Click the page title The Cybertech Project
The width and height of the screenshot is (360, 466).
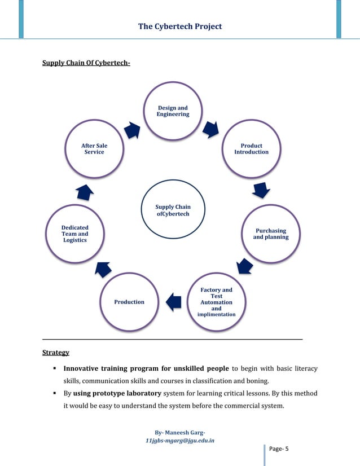click(180, 27)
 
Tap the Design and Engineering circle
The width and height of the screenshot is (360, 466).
click(173, 111)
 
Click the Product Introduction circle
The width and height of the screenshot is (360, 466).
click(251, 149)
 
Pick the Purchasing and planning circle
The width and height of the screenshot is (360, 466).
click(270, 234)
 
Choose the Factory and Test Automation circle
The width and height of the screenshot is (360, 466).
click(216, 302)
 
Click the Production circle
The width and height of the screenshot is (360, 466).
click(129, 302)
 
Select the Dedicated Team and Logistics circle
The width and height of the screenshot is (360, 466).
click(75, 234)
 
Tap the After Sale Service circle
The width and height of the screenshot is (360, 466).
click(94, 149)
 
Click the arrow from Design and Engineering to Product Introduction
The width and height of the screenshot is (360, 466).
click(211, 129)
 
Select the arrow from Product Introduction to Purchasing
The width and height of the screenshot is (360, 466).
click(261, 191)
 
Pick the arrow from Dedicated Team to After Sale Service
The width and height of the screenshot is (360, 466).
click(85, 192)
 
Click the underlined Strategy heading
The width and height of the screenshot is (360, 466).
click(56, 353)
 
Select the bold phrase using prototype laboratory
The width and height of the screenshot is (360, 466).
click(117, 393)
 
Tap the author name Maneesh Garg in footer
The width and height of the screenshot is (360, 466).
click(183, 433)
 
